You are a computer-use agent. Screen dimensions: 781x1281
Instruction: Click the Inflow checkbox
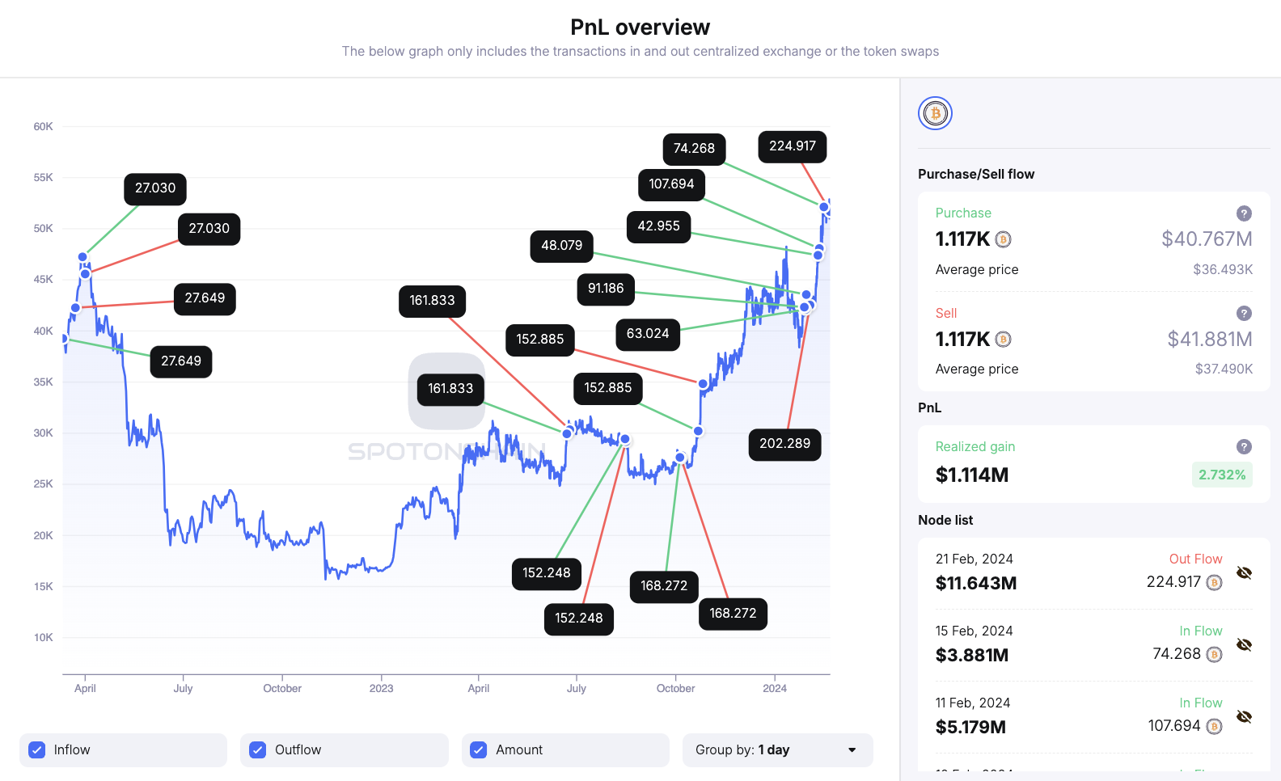(x=37, y=750)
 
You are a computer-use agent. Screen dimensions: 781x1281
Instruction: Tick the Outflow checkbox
(x=258, y=750)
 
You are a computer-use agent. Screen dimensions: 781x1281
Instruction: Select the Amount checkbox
(x=479, y=750)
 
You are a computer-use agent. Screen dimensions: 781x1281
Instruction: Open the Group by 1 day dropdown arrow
(x=852, y=750)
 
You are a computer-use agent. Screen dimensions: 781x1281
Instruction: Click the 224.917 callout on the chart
(x=792, y=146)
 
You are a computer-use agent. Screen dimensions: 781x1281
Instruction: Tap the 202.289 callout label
(x=784, y=444)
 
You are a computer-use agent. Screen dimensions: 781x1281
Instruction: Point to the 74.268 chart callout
(x=694, y=149)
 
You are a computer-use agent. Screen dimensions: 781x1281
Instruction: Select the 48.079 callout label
(x=561, y=246)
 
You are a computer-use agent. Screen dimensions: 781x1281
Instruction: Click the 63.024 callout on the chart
(x=647, y=334)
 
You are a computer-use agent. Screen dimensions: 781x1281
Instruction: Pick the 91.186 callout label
(x=605, y=289)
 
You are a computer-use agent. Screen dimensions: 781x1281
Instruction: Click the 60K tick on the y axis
(x=43, y=127)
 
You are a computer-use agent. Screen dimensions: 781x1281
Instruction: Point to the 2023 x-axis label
(x=381, y=689)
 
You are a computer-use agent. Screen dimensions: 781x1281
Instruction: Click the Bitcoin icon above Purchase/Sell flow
(x=935, y=113)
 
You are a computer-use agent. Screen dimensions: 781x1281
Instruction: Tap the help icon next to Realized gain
(x=1244, y=446)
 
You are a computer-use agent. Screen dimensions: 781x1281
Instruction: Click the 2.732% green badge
(x=1221, y=475)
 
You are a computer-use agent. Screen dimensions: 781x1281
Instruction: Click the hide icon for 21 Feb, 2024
(x=1244, y=573)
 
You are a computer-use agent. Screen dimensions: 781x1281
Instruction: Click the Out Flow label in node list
(x=1195, y=559)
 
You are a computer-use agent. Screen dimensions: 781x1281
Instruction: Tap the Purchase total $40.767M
(x=1207, y=239)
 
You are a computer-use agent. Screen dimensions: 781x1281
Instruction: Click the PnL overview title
(x=640, y=27)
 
